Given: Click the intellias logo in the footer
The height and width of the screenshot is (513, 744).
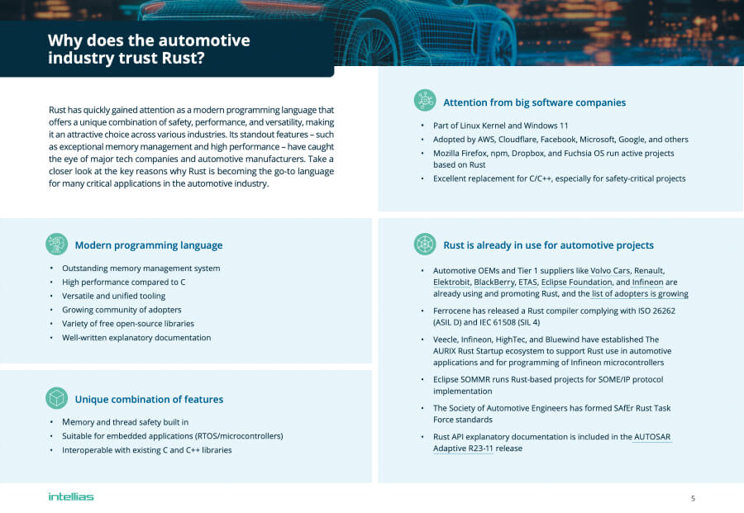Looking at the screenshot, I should pyautogui.click(x=70, y=496).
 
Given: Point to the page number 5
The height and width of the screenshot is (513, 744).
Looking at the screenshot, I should pyautogui.click(x=693, y=498).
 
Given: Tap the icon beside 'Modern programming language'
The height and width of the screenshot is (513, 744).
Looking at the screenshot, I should pyautogui.click(x=56, y=244).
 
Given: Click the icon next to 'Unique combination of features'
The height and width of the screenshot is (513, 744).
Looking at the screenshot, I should pyautogui.click(x=56, y=398).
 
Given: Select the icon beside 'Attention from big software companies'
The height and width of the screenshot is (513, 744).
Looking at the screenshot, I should pyautogui.click(x=424, y=101).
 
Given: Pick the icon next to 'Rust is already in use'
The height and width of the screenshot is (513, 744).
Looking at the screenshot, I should pyautogui.click(x=424, y=244).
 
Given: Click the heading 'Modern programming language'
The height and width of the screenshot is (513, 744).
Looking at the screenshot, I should pyautogui.click(x=148, y=245).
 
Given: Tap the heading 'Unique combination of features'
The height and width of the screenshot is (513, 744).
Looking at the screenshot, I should pyautogui.click(x=149, y=400).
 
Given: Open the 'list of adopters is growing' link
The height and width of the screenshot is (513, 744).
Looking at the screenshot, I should pyautogui.click(x=640, y=294).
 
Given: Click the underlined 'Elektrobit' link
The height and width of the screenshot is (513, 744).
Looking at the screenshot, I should pyautogui.click(x=451, y=283).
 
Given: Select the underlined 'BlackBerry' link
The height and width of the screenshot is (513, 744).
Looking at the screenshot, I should pyautogui.click(x=494, y=283).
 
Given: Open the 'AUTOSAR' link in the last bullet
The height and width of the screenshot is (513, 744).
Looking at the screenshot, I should pyautogui.click(x=652, y=437).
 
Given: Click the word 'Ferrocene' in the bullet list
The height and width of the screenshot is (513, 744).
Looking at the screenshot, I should pyautogui.click(x=454, y=311).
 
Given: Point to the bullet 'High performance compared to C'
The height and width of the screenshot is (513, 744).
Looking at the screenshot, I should pyautogui.click(x=123, y=282).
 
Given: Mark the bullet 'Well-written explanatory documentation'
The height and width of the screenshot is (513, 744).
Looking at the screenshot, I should pyautogui.click(x=136, y=337).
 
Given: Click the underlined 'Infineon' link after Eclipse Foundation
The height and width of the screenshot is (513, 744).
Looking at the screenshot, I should pyautogui.click(x=642, y=283).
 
